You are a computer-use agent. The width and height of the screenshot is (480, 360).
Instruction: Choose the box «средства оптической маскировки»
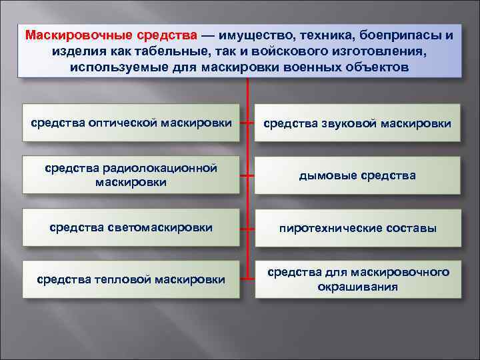point(131,123)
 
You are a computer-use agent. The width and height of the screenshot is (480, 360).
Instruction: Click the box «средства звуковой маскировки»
point(357,123)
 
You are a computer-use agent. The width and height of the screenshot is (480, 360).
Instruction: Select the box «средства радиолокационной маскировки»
point(131,175)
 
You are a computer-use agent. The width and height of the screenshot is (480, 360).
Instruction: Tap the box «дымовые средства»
point(357,175)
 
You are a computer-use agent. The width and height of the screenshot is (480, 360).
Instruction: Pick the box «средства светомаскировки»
point(131,227)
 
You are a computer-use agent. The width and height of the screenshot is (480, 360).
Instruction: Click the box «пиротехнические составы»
point(357,228)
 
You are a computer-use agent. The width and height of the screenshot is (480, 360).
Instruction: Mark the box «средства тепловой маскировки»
point(131,279)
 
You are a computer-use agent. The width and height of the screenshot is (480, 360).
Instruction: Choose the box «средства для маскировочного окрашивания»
point(357,279)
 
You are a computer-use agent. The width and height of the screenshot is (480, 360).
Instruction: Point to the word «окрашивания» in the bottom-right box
point(357,287)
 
